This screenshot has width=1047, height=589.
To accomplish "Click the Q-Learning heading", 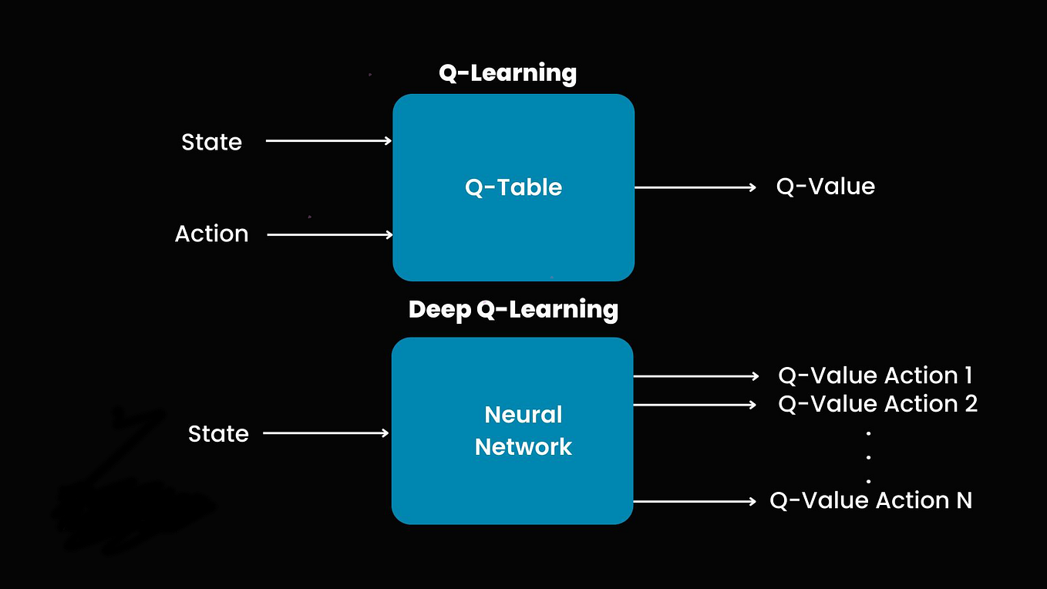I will click(507, 73).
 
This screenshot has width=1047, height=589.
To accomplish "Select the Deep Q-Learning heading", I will click(513, 309).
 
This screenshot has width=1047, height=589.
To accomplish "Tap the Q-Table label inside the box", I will click(513, 187).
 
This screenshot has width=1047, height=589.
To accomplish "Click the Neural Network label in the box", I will click(523, 431).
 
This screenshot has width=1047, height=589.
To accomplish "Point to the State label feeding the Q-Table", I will click(211, 142).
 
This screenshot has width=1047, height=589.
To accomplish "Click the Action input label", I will click(211, 234).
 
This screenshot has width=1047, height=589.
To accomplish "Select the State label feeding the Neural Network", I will click(218, 434).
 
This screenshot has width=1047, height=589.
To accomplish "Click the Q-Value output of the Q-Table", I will click(825, 187).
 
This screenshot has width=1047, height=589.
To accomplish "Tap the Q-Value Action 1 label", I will click(875, 375).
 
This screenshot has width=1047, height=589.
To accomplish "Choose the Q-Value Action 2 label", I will click(877, 404).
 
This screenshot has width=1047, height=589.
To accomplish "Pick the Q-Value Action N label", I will click(870, 501).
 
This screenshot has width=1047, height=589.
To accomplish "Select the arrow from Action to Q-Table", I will click(330, 234).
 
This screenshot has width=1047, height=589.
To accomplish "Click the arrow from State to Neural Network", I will click(326, 433).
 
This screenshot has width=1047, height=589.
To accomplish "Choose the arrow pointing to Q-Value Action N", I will click(695, 502).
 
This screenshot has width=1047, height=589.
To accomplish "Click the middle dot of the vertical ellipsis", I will click(868, 457).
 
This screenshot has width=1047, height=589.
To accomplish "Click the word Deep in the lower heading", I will click(439, 309).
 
